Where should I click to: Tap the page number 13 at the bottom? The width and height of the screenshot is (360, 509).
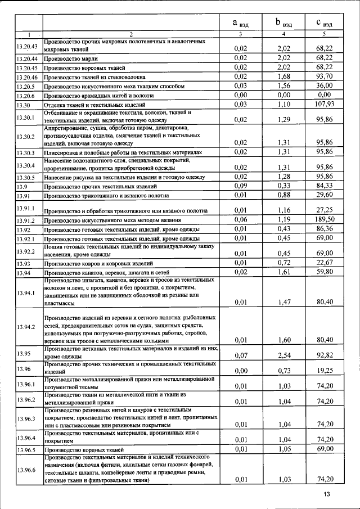click(327, 494)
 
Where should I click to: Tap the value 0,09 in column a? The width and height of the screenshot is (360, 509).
click(241, 186)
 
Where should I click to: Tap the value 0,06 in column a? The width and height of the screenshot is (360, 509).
click(241, 220)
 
